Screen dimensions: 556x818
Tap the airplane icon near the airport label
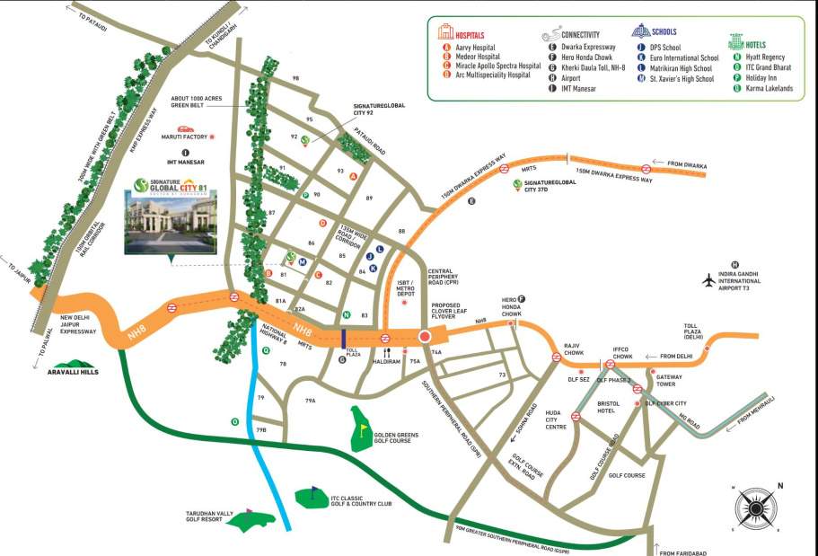coord(708,281)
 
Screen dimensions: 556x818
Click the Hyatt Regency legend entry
coord(766,57)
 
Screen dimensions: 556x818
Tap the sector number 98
coord(295,79)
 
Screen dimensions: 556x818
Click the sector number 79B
coord(261,430)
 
